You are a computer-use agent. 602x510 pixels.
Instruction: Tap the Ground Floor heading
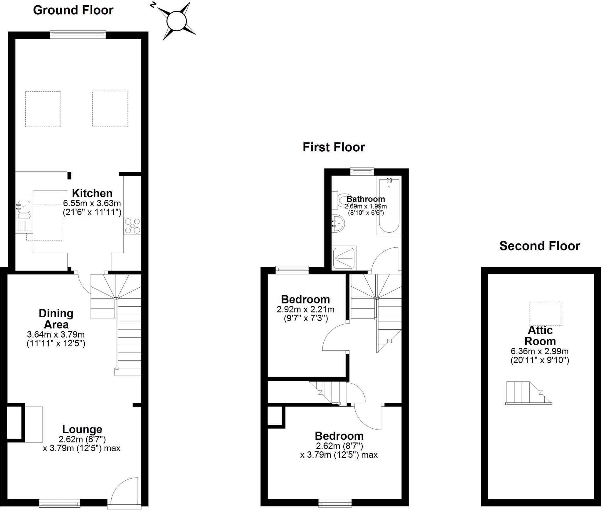coord(73,10)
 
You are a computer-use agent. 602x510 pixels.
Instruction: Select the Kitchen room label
coord(92,193)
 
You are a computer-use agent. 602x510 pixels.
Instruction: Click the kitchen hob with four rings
coord(132,226)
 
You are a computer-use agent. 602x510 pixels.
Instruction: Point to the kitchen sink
coord(23,206)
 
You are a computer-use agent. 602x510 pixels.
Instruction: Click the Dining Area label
coord(56,319)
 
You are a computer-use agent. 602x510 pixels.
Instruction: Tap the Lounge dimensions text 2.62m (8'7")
coord(82,439)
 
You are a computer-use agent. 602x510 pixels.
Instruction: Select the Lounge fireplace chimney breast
coord(15,423)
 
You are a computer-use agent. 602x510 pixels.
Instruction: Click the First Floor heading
coord(334,147)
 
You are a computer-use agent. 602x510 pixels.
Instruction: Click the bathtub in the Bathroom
coord(389,206)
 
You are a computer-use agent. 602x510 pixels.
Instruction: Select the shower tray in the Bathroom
coord(344,258)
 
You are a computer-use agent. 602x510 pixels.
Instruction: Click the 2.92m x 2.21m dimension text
coord(305,309)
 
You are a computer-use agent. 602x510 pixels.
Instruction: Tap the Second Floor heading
coord(540,246)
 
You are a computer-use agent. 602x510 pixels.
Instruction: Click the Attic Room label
coord(540,335)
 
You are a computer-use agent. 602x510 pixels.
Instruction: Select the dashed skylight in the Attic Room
coord(546,314)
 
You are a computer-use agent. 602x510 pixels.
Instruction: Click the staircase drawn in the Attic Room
coord(528,393)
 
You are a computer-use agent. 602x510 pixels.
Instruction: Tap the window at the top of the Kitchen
coord(78,35)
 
